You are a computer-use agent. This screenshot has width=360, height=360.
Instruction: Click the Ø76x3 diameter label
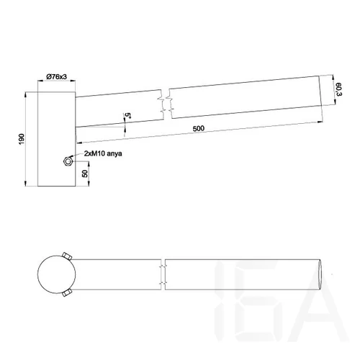(55, 77)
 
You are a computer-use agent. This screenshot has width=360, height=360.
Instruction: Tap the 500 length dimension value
(199, 128)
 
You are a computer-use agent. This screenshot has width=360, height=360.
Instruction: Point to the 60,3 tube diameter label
(338, 90)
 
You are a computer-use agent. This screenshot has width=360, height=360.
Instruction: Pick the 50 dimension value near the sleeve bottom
(87, 174)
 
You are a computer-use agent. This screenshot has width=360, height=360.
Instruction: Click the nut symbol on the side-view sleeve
(68, 162)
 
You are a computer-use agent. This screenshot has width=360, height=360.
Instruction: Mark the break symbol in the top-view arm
(164, 274)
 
